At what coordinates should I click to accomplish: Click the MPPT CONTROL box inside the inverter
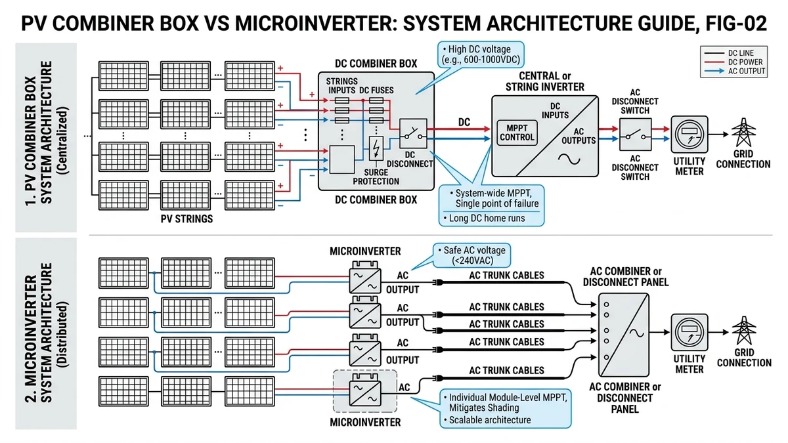click(517, 133)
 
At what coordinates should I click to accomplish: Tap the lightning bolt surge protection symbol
click(376, 148)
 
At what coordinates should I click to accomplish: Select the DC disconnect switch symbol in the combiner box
click(413, 134)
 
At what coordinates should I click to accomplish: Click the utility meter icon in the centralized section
click(689, 135)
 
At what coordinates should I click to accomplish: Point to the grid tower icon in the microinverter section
click(744, 331)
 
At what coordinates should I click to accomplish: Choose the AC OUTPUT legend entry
click(735, 71)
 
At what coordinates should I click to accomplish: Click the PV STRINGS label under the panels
click(186, 219)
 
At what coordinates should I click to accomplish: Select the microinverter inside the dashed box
click(365, 392)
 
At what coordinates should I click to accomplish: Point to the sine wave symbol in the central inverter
click(569, 159)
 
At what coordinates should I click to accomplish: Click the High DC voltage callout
click(481, 54)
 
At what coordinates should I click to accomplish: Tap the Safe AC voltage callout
click(471, 255)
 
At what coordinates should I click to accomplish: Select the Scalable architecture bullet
click(487, 420)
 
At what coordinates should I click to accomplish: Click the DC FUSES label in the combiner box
click(376, 91)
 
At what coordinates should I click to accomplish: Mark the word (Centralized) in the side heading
click(62, 140)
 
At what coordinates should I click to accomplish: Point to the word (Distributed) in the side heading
click(62, 334)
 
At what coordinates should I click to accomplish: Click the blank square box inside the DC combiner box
click(341, 159)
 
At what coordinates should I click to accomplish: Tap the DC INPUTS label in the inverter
click(555, 111)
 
